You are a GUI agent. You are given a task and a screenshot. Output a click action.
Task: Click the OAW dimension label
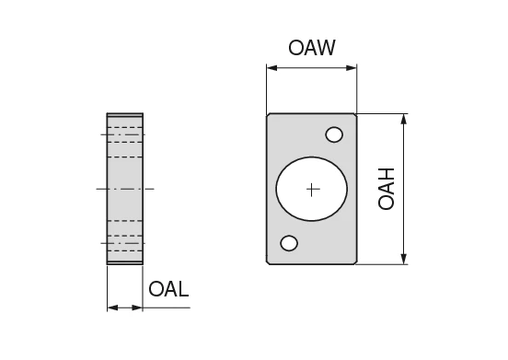[x=312, y=47]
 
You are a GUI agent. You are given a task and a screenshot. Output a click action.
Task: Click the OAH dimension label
[x=387, y=189]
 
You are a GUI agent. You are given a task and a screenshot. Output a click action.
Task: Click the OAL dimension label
[x=168, y=289]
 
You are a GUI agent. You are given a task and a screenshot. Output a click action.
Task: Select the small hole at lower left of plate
[x=289, y=243]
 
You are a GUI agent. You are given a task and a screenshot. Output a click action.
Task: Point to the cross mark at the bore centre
[x=312, y=189]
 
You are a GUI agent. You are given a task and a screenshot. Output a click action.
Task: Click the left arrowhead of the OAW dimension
[x=271, y=66]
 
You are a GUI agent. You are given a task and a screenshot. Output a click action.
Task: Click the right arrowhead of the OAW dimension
[x=352, y=66]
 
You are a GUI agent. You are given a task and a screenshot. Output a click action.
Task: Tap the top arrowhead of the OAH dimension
[x=404, y=119]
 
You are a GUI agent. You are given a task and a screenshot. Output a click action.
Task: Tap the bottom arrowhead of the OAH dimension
[x=404, y=260]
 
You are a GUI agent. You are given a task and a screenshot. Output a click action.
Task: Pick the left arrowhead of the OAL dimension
[x=111, y=307]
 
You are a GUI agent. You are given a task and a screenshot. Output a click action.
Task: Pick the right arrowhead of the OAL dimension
[x=139, y=307]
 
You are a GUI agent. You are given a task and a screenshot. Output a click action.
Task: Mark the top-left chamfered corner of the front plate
[x=270, y=116]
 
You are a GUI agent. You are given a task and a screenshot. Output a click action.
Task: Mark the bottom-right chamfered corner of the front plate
[x=354, y=262]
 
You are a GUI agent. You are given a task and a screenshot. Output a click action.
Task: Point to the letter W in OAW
[x=326, y=47]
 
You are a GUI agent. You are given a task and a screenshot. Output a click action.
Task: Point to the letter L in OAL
[x=182, y=289]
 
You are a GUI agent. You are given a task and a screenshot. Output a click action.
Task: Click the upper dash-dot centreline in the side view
[x=125, y=135]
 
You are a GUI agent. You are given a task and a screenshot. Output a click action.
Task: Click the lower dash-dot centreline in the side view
[x=125, y=242]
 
